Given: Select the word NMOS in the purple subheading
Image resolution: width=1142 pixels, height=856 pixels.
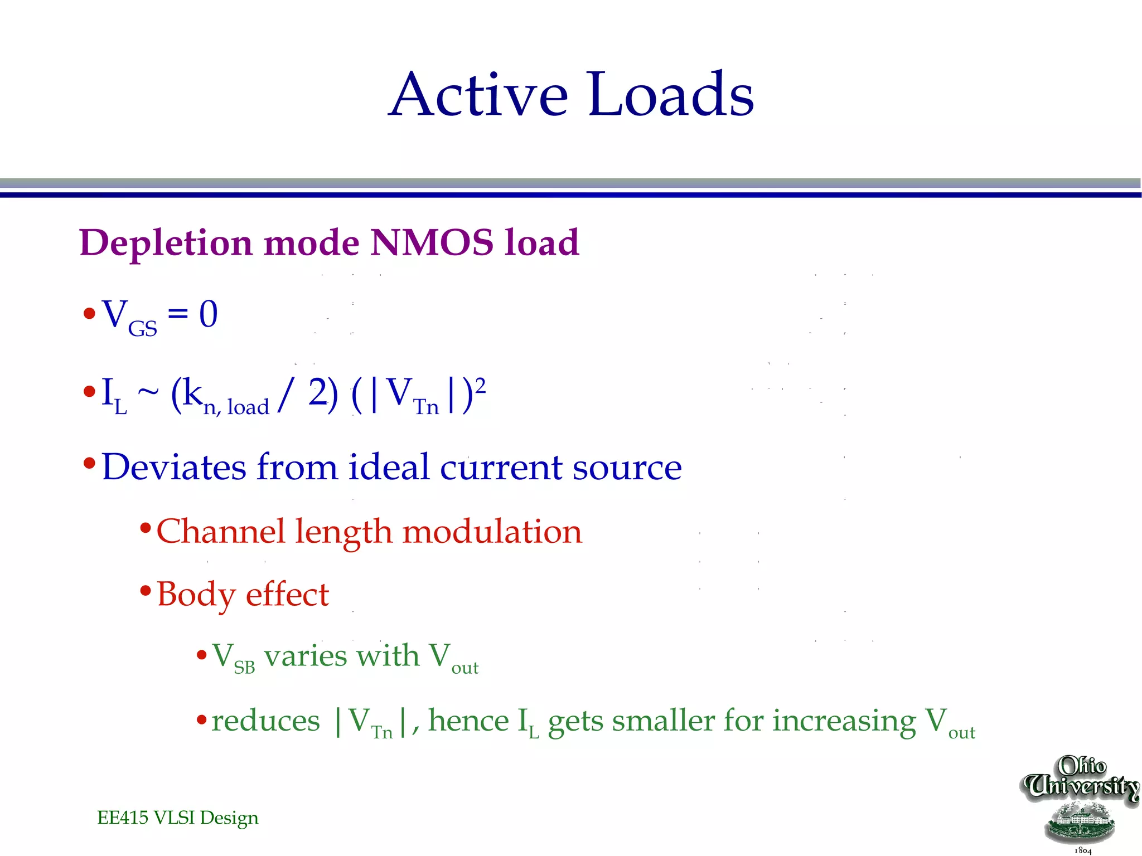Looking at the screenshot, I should [x=432, y=243].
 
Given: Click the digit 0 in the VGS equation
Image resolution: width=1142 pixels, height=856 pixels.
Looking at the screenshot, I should [x=209, y=314].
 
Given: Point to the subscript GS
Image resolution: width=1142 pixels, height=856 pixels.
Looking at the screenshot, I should [x=143, y=329].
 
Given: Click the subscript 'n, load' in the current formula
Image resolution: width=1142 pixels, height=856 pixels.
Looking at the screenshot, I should [x=236, y=407].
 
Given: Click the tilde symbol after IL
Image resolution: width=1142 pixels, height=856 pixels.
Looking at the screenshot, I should [x=148, y=393].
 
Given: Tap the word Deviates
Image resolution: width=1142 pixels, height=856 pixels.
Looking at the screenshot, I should [x=174, y=467].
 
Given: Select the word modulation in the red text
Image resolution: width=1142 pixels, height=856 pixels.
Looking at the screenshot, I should [x=492, y=532].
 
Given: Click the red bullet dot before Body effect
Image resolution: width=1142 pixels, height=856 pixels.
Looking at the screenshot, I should [x=146, y=590].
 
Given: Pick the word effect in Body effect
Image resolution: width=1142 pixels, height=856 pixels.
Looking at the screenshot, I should [x=287, y=595].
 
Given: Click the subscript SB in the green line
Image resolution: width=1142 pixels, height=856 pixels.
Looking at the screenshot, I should [x=244, y=668].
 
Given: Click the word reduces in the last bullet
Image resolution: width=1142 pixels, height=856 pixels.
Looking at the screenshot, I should [x=265, y=721].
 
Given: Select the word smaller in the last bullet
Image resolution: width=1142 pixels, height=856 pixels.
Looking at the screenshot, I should [x=664, y=721].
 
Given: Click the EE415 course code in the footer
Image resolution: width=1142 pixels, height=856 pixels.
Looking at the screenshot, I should [x=123, y=818].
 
